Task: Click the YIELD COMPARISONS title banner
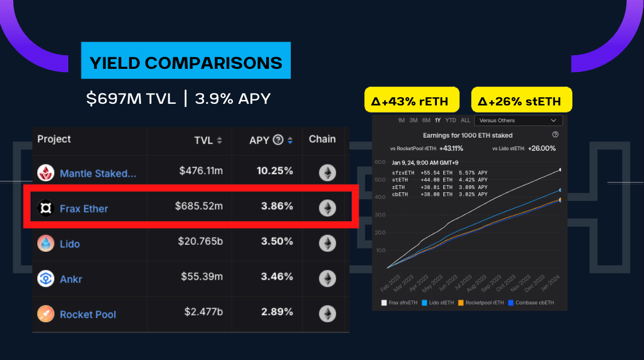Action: click(x=186, y=63)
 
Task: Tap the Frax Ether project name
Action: click(x=84, y=209)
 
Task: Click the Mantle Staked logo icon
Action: click(x=45, y=173)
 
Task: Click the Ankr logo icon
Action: click(x=45, y=279)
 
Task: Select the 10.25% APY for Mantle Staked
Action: click(x=275, y=171)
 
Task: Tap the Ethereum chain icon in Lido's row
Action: click(x=327, y=243)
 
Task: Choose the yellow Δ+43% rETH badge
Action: click(x=410, y=101)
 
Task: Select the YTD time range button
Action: click(x=450, y=120)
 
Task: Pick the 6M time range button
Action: click(x=426, y=120)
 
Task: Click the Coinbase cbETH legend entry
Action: click(x=530, y=303)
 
